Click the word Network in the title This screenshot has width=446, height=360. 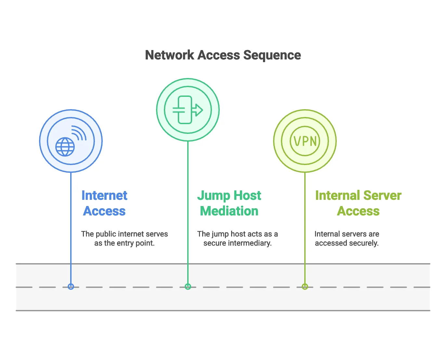(x=169, y=55)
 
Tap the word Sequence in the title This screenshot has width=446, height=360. (x=272, y=55)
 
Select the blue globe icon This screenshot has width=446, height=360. (x=65, y=147)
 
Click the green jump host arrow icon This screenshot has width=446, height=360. (x=188, y=110)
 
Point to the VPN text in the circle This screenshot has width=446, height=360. (x=305, y=141)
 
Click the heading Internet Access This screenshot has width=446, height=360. (x=104, y=203)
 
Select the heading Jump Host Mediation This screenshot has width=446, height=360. (x=229, y=203)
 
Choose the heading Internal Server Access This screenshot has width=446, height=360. (x=358, y=203)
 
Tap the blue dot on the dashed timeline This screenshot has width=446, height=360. (x=71, y=287)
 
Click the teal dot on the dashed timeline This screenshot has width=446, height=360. (x=188, y=287)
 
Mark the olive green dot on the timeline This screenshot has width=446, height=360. (x=305, y=287)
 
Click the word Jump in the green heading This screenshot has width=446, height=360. (x=214, y=196)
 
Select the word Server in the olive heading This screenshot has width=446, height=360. (x=383, y=196)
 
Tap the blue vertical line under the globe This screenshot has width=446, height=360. (x=71, y=227)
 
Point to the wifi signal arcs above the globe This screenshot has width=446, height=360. (x=79, y=133)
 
